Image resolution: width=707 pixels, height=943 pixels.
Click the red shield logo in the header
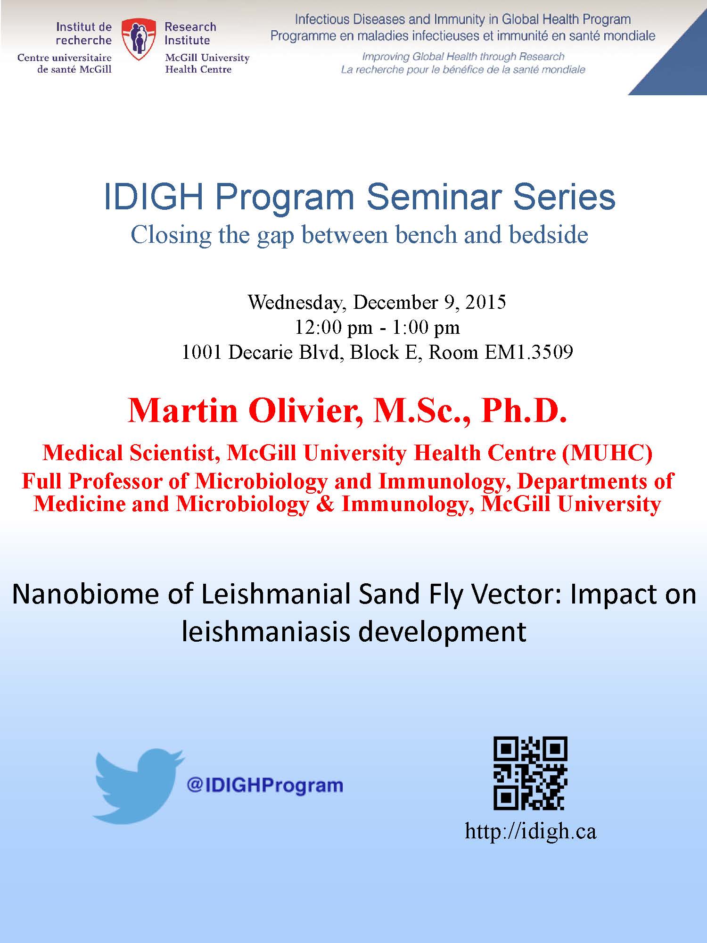pyautogui.click(x=138, y=39)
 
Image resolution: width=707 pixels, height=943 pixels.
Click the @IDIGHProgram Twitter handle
pyautogui.click(x=265, y=785)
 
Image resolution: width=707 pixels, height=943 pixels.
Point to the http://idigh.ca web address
pyautogui.click(x=531, y=831)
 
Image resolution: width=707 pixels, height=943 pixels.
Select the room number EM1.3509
pyautogui.click(x=529, y=352)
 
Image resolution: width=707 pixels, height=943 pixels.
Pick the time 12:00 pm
pyautogui.click(x=334, y=328)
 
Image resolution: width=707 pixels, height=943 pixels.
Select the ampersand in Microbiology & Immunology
pyautogui.click(x=325, y=504)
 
